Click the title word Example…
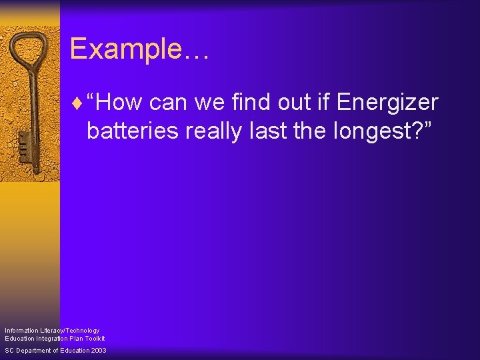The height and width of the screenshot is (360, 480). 139,49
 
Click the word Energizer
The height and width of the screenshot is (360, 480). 387,103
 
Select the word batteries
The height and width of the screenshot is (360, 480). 132,131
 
